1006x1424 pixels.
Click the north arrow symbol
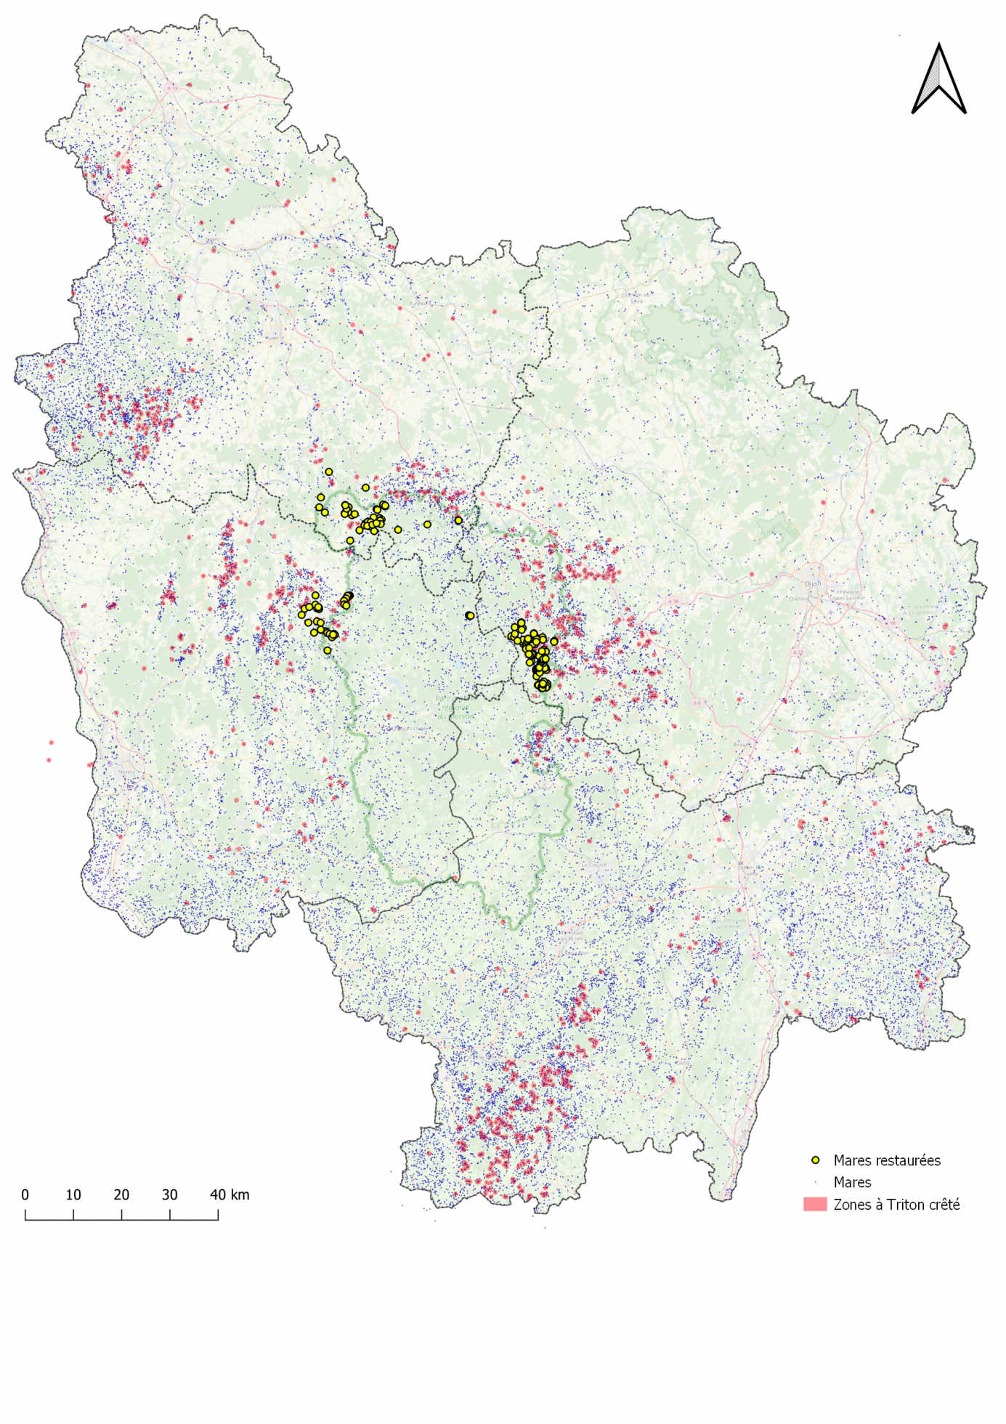[x=938, y=80]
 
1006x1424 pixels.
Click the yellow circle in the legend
[x=816, y=1160]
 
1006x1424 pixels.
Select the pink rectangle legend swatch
[x=815, y=1205]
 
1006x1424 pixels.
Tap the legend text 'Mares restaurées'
[x=886, y=1160]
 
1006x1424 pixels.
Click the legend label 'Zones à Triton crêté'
[x=896, y=1205]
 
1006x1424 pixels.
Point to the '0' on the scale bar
[x=25, y=1194]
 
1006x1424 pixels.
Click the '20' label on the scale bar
[x=121, y=1194]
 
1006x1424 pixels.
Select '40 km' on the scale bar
[x=230, y=1194]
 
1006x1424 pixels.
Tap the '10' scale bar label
[x=73, y=1194]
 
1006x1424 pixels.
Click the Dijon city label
[x=813, y=583]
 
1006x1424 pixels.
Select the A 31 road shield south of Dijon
[x=798, y=652]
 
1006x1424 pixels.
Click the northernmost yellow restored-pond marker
[x=328, y=472]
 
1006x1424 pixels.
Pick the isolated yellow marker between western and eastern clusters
[x=470, y=615]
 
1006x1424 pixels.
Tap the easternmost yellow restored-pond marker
[x=554, y=642]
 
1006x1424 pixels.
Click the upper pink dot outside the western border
[x=51, y=743]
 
